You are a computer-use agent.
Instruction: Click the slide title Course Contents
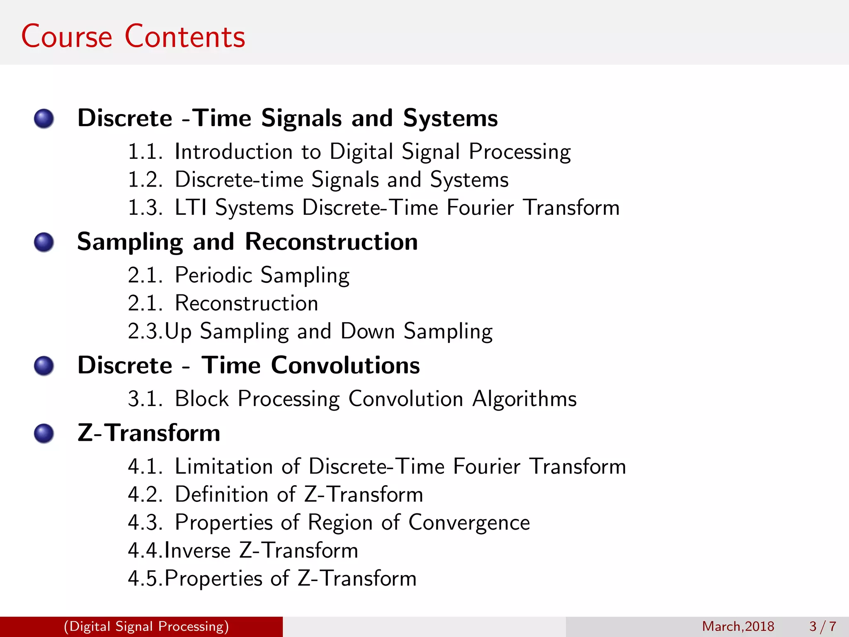[133, 36]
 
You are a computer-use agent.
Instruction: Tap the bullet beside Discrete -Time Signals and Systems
[44, 119]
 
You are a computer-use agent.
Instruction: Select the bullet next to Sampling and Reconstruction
[44, 242]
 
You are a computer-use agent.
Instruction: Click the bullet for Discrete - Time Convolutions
[44, 366]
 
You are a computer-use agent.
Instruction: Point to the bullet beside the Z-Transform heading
[44, 433]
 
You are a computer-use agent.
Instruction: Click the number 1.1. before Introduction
[145, 152]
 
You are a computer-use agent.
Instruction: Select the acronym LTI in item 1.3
[191, 207]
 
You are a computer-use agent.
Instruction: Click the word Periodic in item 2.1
[214, 275]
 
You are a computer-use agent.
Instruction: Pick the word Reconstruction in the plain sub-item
[247, 303]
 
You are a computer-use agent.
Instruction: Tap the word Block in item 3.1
[202, 399]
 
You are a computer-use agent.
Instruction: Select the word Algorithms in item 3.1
[524, 399]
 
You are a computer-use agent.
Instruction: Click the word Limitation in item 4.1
[224, 467]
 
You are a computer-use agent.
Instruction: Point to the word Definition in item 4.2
[222, 494]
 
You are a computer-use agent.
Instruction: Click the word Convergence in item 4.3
[469, 523]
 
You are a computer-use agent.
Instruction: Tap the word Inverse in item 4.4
[198, 551]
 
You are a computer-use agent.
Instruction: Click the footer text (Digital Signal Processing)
[146, 626]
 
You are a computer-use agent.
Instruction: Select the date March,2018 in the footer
[738, 626]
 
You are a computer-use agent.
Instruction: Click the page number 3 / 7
[823, 626]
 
